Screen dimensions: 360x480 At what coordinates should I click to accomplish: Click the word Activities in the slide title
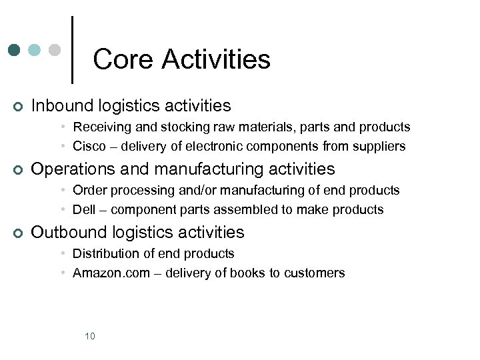216,59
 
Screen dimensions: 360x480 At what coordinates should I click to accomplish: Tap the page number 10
90,336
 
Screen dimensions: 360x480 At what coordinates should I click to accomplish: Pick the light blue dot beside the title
35,50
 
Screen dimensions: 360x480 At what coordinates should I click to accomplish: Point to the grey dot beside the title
55,50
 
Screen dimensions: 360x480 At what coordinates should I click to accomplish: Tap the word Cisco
89,146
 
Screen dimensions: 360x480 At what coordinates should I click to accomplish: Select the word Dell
84,209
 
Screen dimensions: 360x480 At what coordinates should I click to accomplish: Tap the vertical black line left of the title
72,50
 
